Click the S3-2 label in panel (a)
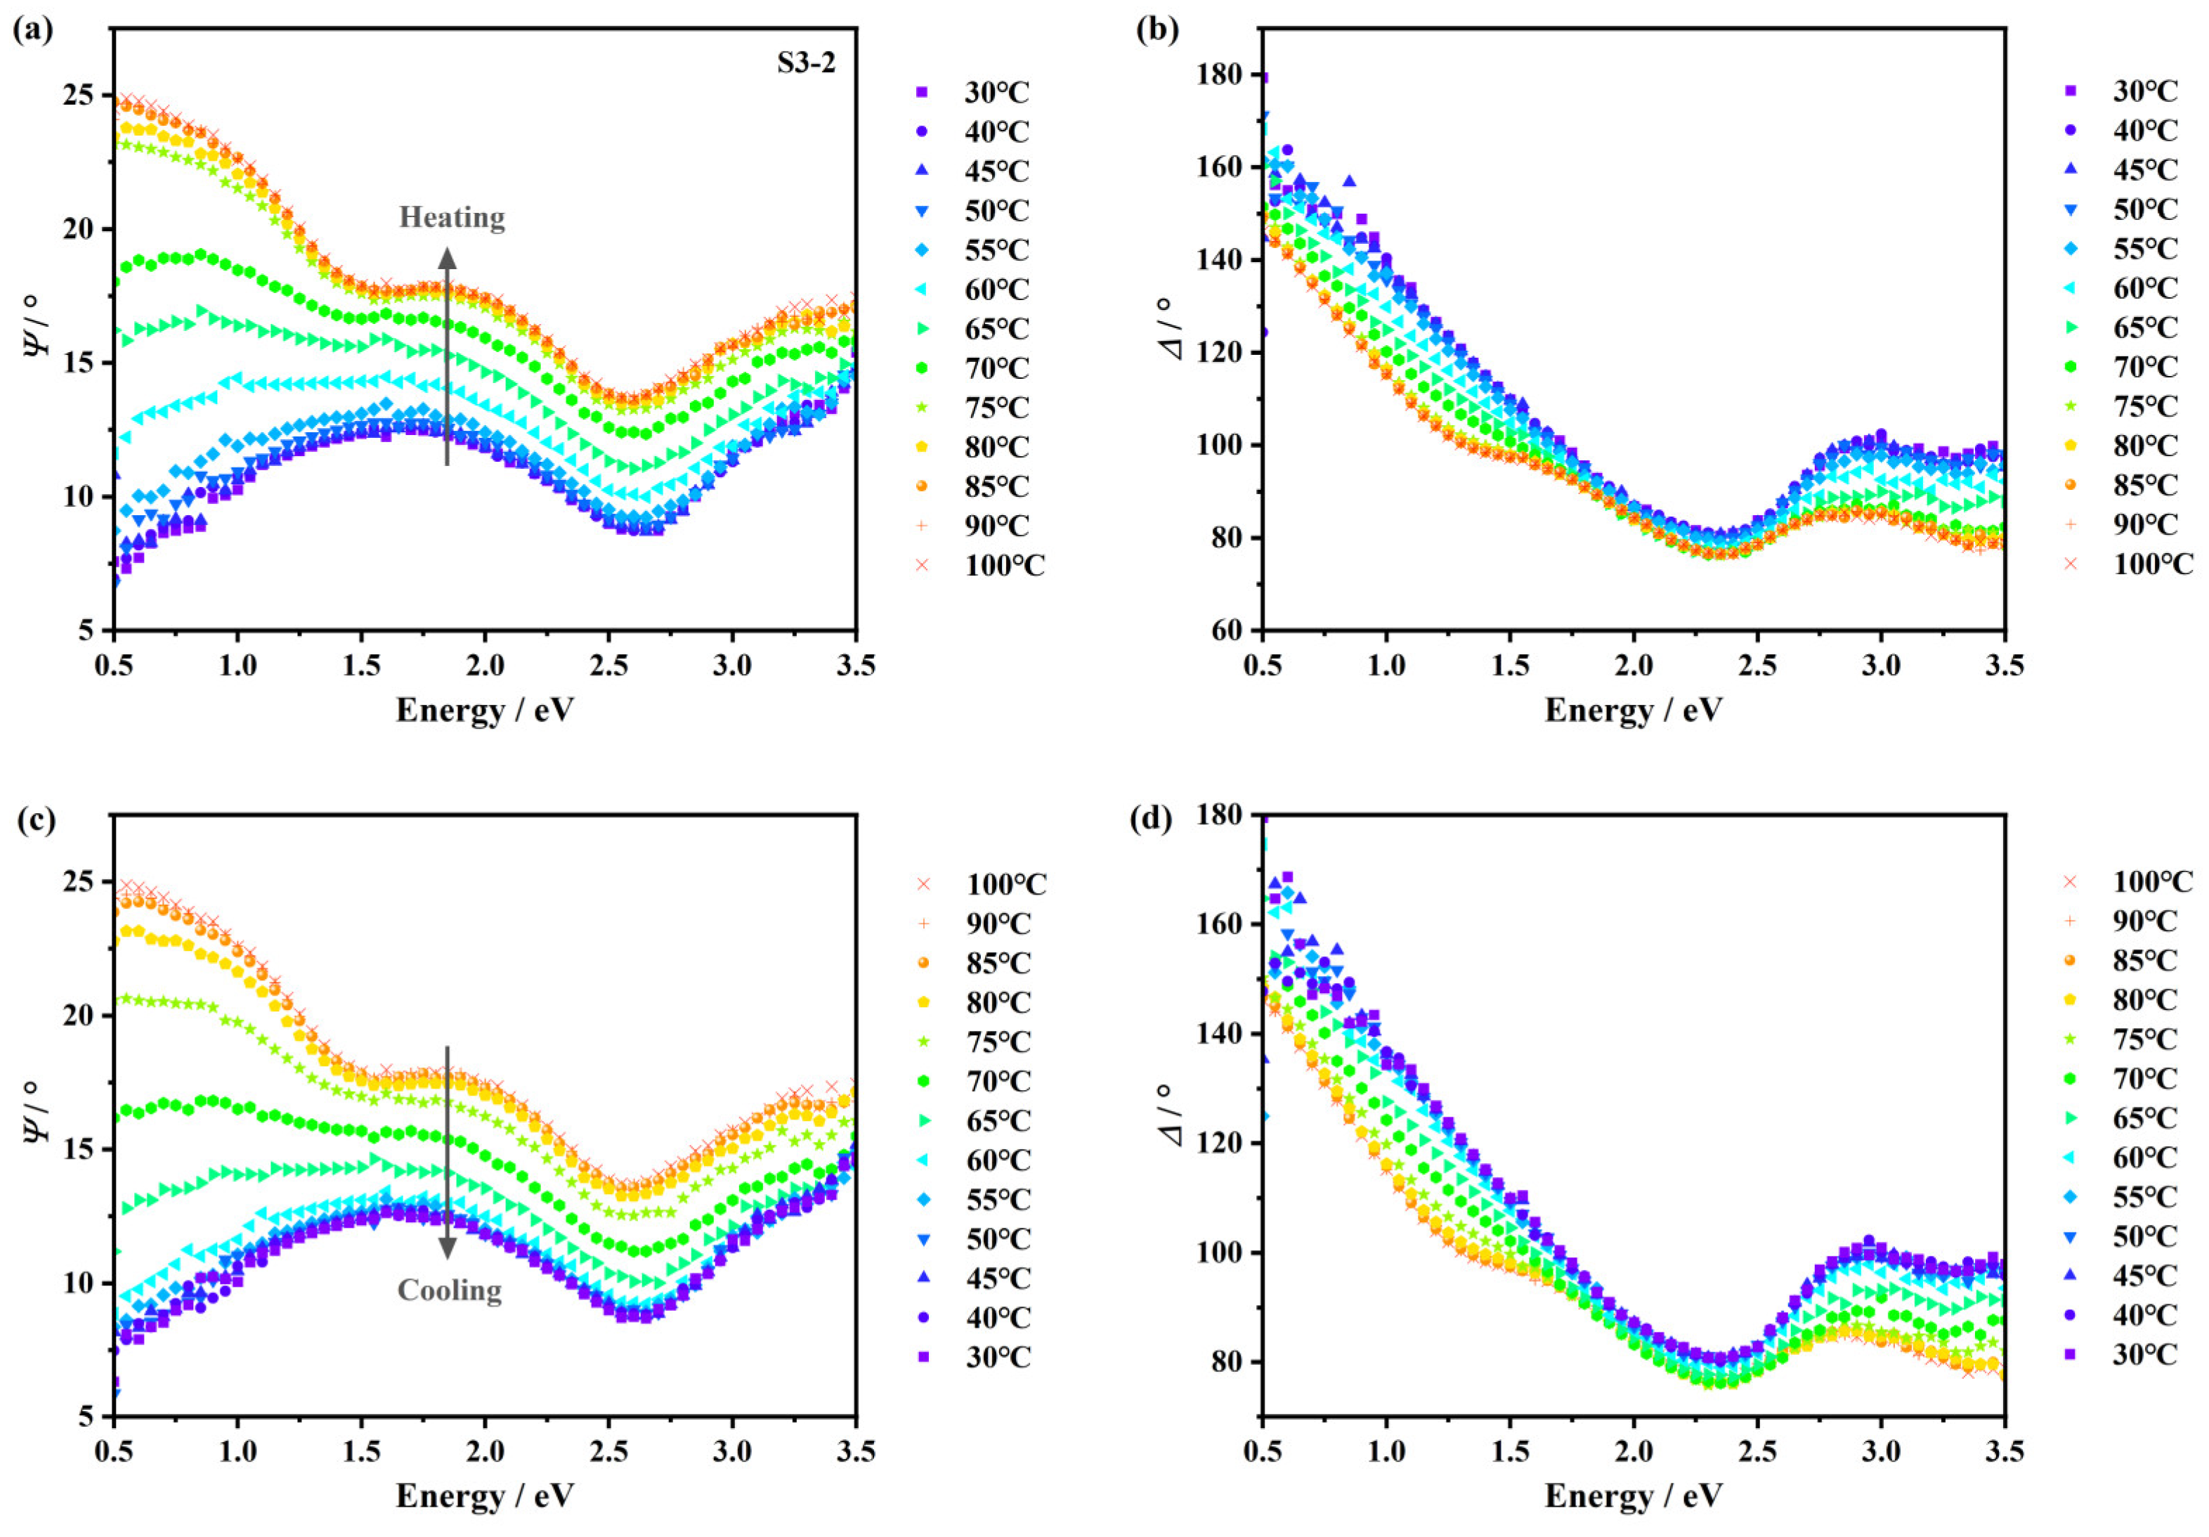point(807,63)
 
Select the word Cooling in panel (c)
point(449,1290)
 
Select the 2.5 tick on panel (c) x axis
point(608,1451)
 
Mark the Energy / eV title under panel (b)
point(1634,711)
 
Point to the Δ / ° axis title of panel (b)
point(1175,327)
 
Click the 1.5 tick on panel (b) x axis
point(1509,665)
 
